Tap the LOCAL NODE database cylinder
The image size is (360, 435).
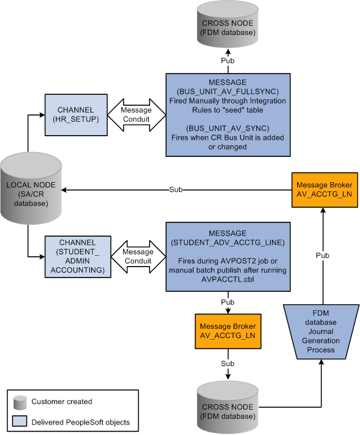28,190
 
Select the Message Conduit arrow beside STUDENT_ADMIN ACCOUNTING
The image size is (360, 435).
137,256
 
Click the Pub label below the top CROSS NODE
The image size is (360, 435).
228,60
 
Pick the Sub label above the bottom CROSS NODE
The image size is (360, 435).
228,364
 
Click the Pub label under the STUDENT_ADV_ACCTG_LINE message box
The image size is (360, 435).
228,301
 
